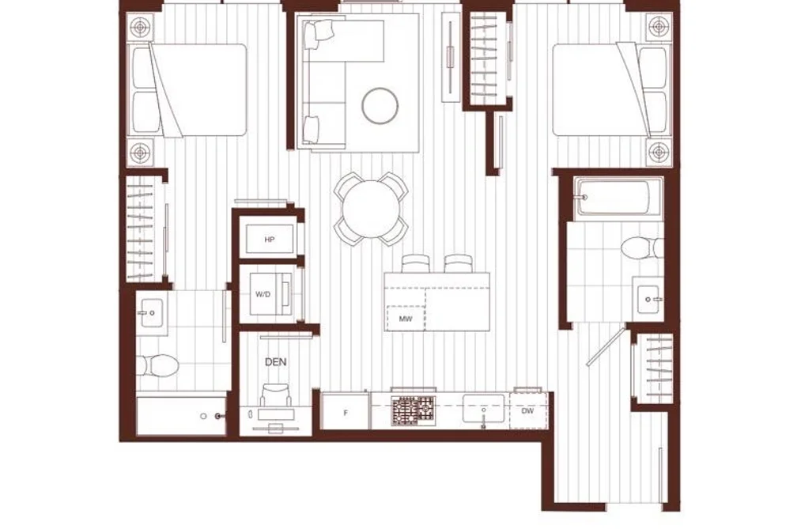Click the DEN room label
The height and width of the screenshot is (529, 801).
[275, 362]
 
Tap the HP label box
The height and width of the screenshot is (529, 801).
[270, 239]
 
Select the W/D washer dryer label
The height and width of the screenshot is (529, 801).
[263, 295]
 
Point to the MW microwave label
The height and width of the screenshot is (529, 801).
[406, 319]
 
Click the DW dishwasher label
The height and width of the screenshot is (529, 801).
[527, 410]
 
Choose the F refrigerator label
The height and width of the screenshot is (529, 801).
[346, 413]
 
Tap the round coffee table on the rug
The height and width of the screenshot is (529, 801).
[380, 106]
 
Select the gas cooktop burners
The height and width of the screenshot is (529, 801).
[414, 410]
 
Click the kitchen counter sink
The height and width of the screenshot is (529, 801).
[483, 409]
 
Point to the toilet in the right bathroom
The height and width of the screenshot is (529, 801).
[642, 248]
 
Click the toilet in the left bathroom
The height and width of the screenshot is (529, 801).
[158, 365]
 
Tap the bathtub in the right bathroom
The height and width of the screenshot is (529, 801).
[618, 198]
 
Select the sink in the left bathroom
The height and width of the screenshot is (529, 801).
[152, 313]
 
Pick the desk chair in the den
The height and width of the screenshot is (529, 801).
[277, 395]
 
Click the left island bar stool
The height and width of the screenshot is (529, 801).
[415, 263]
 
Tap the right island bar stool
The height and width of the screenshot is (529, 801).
[459, 263]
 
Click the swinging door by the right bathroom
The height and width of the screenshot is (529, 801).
[606, 346]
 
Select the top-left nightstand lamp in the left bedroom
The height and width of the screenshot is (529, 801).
[142, 27]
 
